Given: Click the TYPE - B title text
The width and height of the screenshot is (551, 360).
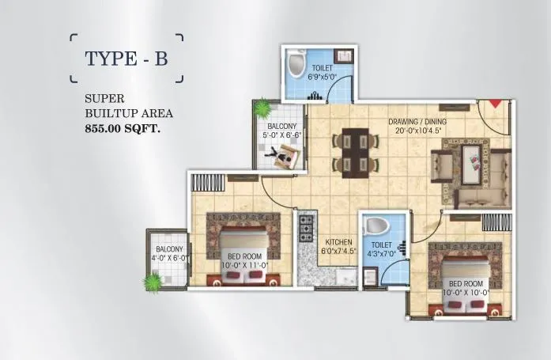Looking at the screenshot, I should pos(126,59).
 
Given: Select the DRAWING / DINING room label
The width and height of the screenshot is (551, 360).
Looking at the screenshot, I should pos(417,122).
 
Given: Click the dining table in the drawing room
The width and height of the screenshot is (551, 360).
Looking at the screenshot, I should pos(352,150).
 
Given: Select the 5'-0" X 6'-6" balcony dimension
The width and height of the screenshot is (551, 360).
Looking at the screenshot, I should pos(281,135).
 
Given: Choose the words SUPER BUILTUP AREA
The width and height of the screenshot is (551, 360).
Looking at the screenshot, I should pos(128,107).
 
